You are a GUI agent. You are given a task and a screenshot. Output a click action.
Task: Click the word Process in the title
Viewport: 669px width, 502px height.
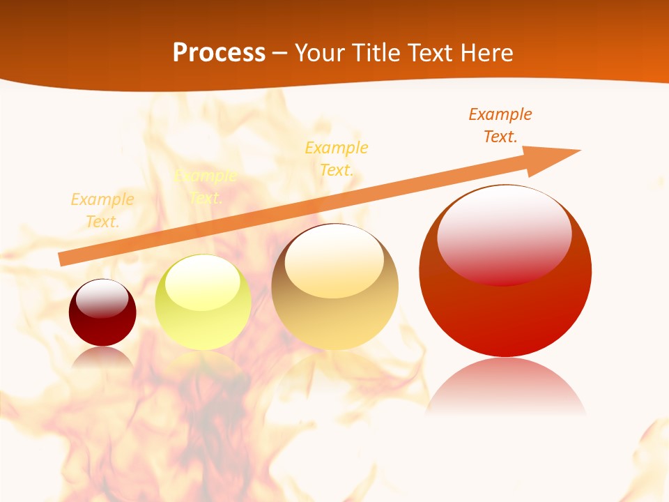coord(219,53)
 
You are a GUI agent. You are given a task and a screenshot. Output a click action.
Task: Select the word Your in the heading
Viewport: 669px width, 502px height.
coord(319,53)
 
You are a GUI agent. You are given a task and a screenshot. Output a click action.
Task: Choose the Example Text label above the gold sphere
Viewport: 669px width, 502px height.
coord(337,159)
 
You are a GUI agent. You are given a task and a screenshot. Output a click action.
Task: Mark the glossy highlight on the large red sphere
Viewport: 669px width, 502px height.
coord(504,234)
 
